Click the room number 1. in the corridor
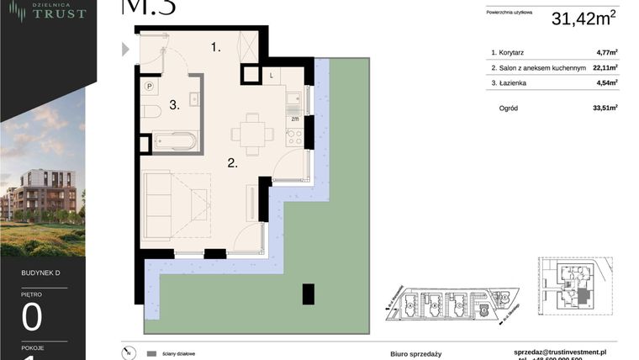[216, 47]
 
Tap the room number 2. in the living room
[232, 163]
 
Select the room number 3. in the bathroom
[174, 106]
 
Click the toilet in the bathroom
[149, 112]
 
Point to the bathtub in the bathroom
[176, 141]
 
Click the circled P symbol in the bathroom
[149, 86]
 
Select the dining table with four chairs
[251, 133]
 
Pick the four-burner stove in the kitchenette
[294, 138]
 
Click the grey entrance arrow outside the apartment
[126, 49]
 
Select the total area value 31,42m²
[584, 19]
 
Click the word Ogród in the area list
[509, 108]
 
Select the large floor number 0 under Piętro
[32, 319]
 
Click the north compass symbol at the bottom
[127, 354]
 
